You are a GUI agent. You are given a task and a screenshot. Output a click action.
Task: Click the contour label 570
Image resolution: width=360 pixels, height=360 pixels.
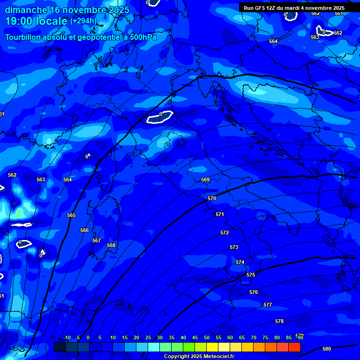[212, 198]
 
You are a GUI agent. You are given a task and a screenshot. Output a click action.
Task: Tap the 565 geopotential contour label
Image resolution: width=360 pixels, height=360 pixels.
[71, 215]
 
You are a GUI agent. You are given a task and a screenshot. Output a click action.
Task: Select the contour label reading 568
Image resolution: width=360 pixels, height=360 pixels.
[111, 245]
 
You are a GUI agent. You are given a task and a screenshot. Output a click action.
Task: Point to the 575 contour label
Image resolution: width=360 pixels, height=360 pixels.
[251, 275]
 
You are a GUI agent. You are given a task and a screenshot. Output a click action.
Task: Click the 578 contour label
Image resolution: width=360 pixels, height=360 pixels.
[279, 321]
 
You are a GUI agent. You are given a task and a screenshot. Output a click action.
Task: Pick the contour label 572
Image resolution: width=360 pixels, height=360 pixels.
[225, 232]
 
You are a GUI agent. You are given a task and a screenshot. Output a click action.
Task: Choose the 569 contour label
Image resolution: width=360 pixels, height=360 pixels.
[205, 180]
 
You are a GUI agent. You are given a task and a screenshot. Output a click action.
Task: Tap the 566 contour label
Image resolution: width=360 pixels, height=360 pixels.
[84, 230]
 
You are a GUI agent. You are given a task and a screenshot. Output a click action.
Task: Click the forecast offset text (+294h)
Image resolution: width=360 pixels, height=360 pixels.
[83, 21]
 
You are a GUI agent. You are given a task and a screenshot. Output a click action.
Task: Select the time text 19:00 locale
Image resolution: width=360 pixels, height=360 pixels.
[37, 21]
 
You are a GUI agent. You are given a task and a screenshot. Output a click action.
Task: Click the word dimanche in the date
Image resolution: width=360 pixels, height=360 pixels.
[25, 9]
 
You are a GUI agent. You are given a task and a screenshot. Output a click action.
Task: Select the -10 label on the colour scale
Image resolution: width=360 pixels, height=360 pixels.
[67, 337]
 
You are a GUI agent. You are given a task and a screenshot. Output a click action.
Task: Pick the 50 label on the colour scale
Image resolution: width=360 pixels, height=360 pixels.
[207, 337]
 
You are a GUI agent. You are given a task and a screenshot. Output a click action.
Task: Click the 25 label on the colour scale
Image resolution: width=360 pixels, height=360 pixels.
[148, 337]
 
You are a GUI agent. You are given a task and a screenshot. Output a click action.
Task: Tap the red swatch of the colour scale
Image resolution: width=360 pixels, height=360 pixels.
[294, 347]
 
